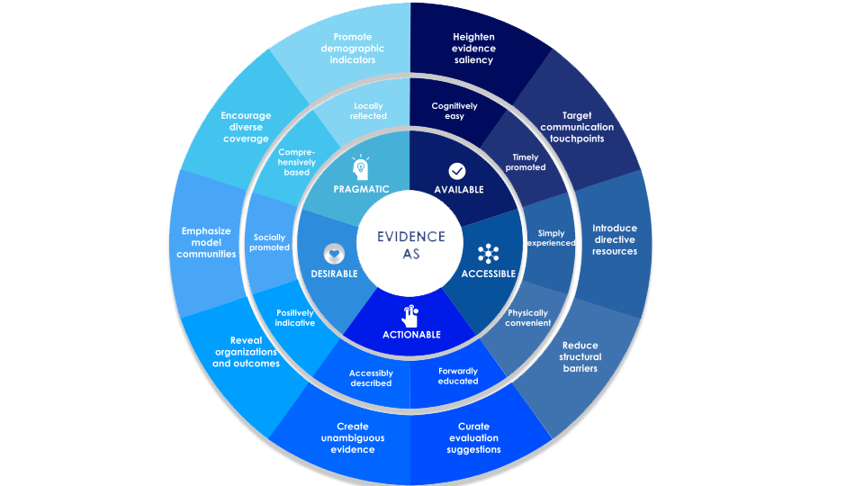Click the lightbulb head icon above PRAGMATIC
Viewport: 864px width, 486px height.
[x=360, y=169]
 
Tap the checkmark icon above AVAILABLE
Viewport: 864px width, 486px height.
[x=457, y=170]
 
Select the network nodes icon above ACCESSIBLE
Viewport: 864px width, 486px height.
[x=489, y=253]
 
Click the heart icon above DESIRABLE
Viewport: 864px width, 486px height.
[x=335, y=253]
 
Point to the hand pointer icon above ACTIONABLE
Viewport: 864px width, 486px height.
[x=410, y=315]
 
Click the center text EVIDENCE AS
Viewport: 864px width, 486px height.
[x=411, y=245]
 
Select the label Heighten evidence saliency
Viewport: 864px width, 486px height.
[x=473, y=49]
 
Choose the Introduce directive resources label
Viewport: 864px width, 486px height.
[x=615, y=239]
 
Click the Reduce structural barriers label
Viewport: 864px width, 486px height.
[x=580, y=356]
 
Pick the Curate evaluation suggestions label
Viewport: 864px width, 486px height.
[x=473, y=438]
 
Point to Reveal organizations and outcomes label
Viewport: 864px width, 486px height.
[x=246, y=352]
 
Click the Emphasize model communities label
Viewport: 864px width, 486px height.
[x=206, y=242]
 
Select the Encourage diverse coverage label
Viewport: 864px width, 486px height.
[x=246, y=127]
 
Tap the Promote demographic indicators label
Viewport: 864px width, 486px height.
[x=353, y=49]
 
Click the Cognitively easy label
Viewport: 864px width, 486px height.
[x=454, y=111]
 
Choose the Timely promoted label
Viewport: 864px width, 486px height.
[x=525, y=162]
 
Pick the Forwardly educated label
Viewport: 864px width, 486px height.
[x=458, y=375]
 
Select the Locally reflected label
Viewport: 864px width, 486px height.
[x=369, y=111]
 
